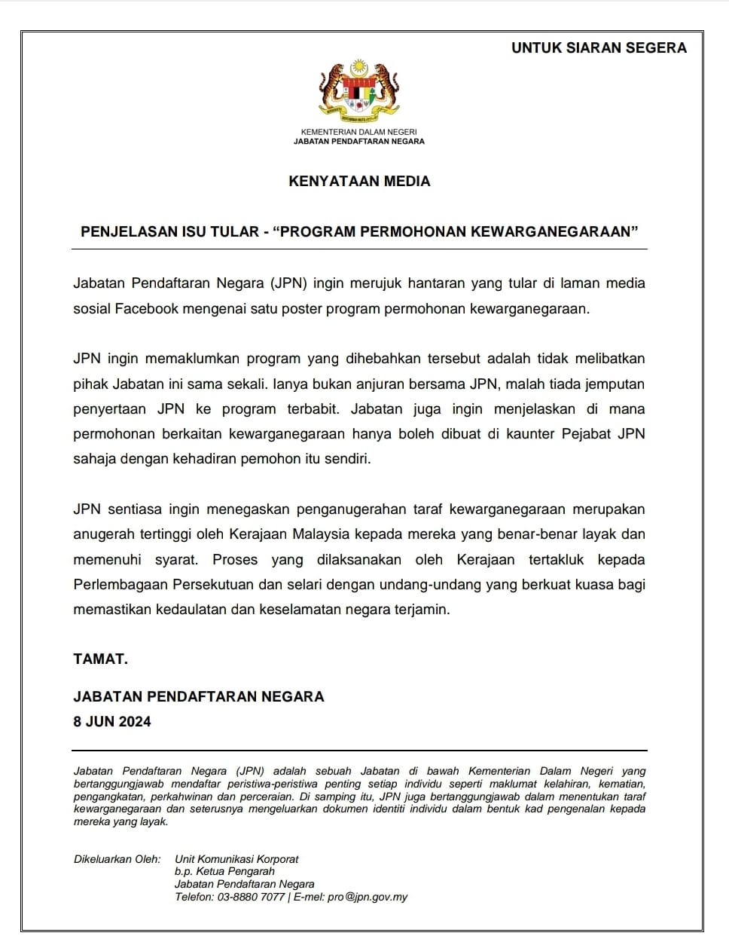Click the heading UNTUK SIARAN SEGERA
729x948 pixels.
(x=599, y=47)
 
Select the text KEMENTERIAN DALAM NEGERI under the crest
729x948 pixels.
(x=358, y=132)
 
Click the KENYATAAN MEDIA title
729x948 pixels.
(x=359, y=181)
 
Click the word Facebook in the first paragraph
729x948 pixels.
(x=149, y=309)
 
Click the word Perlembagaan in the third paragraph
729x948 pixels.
(x=119, y=585)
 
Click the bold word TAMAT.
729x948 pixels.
(x=100, y=659)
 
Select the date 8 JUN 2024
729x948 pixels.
(x=112, y=721)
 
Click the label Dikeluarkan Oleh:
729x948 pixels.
(x=117, y=859)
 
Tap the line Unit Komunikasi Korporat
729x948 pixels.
(x=236, y=859)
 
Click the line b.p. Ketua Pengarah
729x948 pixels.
(x=224, y=871)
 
